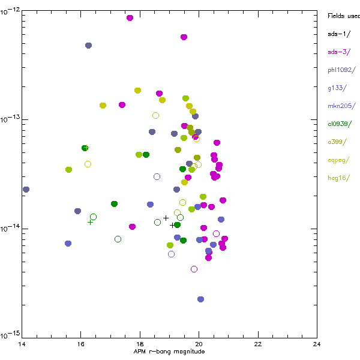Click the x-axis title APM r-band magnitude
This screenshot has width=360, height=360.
point(169,352)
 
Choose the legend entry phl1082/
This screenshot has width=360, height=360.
point(341,70)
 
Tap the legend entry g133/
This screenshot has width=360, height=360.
point(337,88)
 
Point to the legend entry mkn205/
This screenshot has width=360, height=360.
point(341,106)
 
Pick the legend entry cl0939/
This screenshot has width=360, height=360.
point(341,124)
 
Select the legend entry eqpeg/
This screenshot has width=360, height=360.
point(339,160)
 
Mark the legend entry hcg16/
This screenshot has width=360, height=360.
point(339,178)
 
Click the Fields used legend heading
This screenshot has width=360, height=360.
point(343,16)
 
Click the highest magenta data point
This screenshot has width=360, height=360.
point(130,18)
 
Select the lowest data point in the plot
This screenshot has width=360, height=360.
point(200,299)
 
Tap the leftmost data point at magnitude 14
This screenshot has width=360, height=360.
point(26,190)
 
